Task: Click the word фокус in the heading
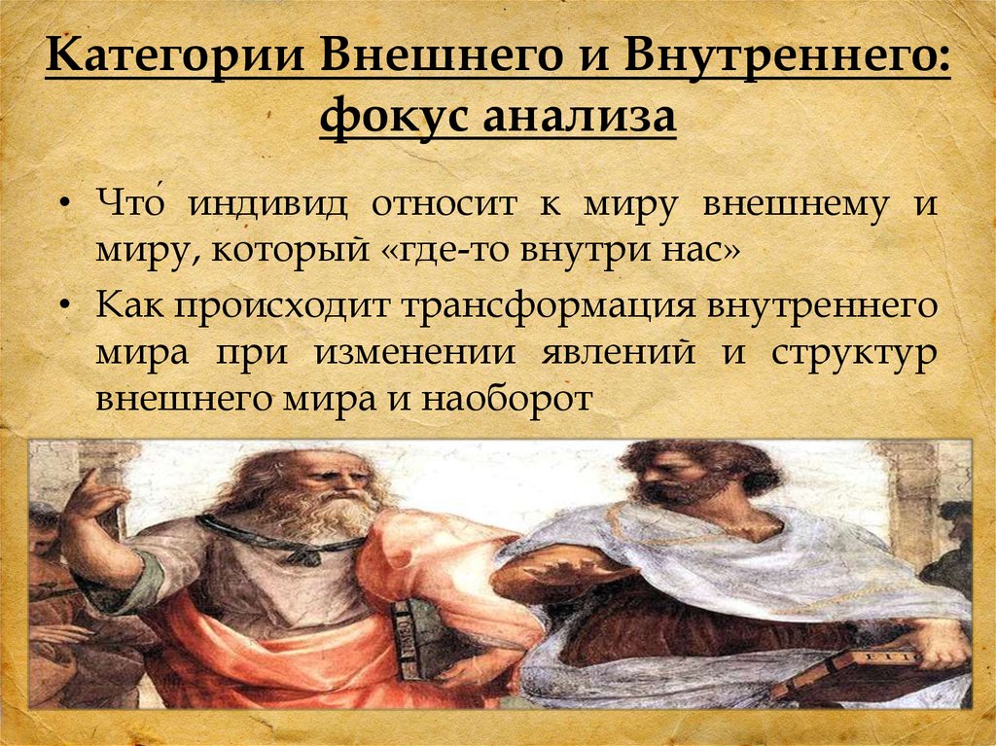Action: [x=393, y=117]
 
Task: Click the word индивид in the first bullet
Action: [x=268, y=205]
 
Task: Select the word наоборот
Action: [x=507, y=400]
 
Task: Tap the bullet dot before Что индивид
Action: [x=65, y=207]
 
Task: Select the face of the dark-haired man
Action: [x=668, y=479]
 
